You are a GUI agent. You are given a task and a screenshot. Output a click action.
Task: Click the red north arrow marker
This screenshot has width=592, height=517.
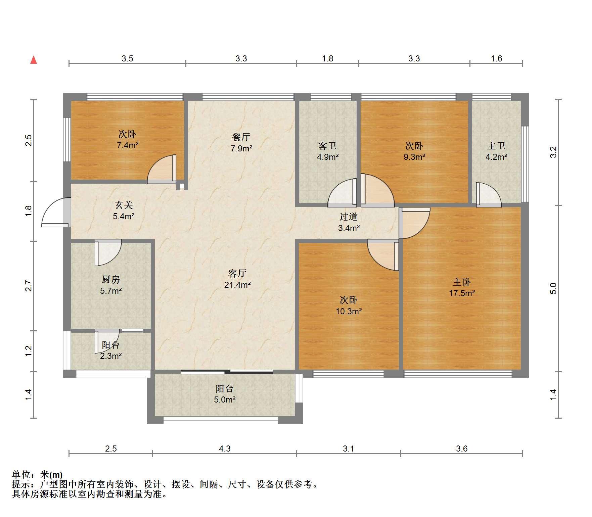pyautogui.click(x=34, y=60)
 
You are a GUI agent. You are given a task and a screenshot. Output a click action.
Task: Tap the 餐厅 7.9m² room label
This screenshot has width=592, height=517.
pyautogui.click(x=241, y=142)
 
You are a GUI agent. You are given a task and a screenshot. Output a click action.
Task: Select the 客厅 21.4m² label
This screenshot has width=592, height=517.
pyautogui.click(x=237, y=279)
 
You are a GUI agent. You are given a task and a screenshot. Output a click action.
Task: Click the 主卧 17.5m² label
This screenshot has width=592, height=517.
pyautogui.click(x=462, y=287)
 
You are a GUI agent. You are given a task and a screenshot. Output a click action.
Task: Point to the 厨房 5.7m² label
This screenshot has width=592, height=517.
pyautogui.click(x=111, y=285)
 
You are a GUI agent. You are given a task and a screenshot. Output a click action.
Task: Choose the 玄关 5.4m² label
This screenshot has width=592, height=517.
pyautogui.click(x=124, y=210)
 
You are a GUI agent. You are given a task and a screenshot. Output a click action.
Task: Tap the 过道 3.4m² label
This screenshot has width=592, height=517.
pyautogui.click(x=349, y=222)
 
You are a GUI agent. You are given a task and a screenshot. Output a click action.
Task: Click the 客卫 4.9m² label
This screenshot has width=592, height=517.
pyautogui.click(x=327, y=151)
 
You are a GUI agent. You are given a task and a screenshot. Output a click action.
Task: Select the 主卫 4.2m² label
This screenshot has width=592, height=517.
pyautogui.click(x=496, y=151)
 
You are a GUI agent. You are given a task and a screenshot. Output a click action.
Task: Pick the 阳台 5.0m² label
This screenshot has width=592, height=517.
pyautogui.click(x=225, y=394)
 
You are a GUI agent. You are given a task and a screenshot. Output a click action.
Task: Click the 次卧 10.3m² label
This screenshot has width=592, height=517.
pyautogui.click(x=349, y=305)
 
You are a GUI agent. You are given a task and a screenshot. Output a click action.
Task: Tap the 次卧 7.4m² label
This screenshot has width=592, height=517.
pyautogui.click(x=128, y=140)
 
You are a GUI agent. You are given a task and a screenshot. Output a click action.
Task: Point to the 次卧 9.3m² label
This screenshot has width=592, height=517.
pyautogui.click(x=414, y=151)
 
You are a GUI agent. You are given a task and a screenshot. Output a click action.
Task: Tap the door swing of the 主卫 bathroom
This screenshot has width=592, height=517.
pyautogui.click(x=489, y=194)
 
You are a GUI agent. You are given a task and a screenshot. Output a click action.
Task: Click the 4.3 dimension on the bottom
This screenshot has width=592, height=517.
pyautogui.click(x=225, y=449)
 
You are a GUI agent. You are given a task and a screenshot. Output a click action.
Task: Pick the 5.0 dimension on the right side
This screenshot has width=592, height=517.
pyautogui.click(x=553, y=288)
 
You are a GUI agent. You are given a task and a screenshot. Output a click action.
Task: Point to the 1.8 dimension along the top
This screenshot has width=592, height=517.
pyautogui.click(x=327, y=58)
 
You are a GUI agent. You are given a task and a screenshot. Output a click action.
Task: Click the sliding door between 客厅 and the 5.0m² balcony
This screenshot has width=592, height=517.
pyautogui.click(x=227, y=372)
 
